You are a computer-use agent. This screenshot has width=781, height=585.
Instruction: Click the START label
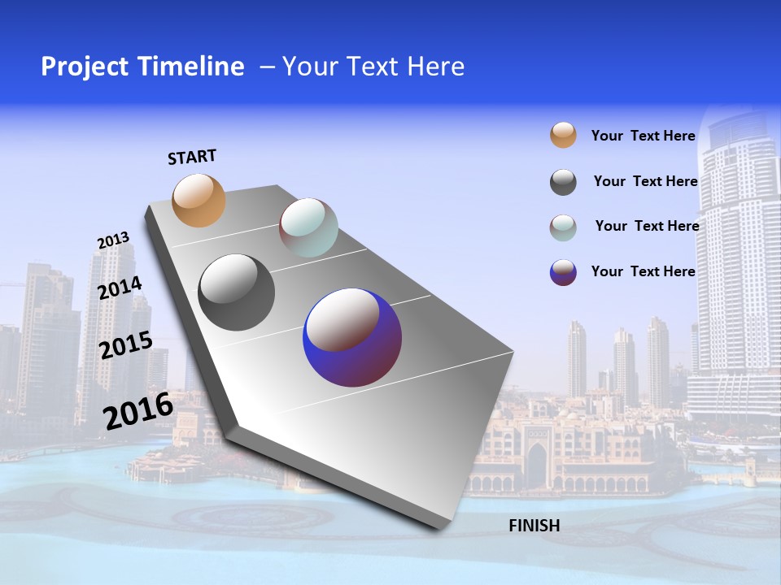pos(192,157)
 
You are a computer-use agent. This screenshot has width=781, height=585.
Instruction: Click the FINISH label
pos(534,526)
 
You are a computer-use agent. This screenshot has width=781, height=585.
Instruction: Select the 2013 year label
pos(113,240)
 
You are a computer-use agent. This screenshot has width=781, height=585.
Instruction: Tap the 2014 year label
pos(120,288)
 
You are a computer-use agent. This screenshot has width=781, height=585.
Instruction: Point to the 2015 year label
pos(125,345)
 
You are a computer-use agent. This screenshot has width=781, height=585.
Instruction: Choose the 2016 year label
pos(138,410)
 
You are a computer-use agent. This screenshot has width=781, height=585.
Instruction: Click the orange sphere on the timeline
pos(199,200)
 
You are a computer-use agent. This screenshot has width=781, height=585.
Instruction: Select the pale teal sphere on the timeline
pos(308,227)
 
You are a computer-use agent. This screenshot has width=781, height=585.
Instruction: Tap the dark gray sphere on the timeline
pos(237,292)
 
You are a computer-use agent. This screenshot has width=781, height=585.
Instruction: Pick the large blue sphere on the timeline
pos(352,337)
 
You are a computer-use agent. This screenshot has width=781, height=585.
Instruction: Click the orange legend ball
pos(563,135)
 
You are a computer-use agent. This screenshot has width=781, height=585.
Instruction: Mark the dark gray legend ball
pos(563,182)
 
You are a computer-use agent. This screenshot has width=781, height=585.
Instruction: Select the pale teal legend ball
pos(563,227)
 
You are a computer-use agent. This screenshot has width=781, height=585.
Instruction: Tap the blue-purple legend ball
pos(563,272)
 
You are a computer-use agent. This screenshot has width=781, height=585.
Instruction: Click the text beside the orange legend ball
pos(643,136)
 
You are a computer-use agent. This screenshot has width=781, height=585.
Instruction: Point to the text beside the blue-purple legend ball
pos(643,271)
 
